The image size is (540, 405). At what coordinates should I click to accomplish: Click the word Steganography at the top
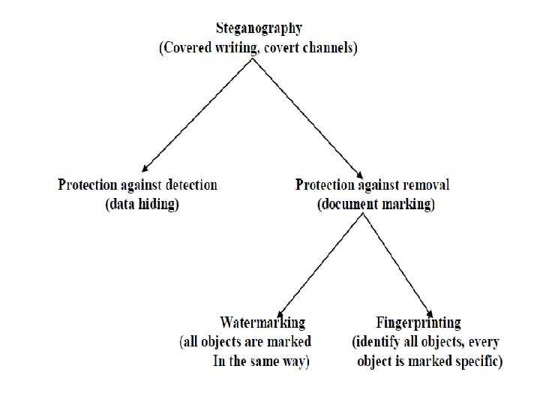259,29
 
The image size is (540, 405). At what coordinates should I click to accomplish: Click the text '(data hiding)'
142,204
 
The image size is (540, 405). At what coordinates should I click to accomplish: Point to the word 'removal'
424,184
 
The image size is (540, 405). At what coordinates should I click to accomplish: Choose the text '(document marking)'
376,204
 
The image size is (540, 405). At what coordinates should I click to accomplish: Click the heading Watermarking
262,322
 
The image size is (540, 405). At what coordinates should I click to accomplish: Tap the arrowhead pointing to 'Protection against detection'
144,169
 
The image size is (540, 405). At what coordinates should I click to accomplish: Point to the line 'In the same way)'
261,361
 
